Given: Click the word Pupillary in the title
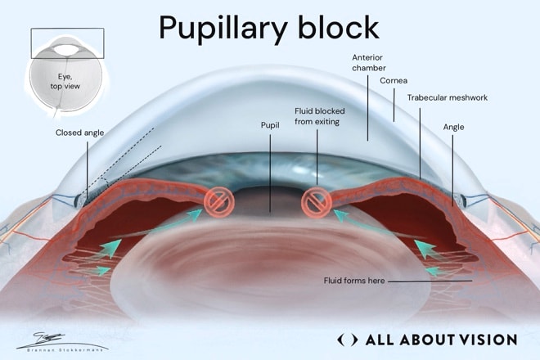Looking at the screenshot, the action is tap(223, 29).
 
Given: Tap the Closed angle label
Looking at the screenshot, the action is tap(79, 133).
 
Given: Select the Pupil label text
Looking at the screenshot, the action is tap(270, 125).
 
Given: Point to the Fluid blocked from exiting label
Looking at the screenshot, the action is tap(320, 116).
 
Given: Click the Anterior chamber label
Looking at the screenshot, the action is tap(368, 63).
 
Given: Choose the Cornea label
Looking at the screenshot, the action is tap(394, 81).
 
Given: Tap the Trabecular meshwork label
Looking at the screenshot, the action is tap(448, 98).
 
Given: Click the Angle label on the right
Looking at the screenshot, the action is tap(453, 128).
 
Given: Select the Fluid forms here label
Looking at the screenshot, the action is tap(354, 281).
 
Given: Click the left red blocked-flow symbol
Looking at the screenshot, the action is tap(219, 202).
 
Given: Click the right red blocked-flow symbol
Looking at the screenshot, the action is tap(317, 203).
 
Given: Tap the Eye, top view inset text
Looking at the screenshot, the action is tap(65, 82).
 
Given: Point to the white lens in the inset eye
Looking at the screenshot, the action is tap(67, 50).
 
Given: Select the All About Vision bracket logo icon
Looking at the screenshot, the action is tap(347, 340).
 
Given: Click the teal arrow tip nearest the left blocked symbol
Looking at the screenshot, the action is tap(201, 209).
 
